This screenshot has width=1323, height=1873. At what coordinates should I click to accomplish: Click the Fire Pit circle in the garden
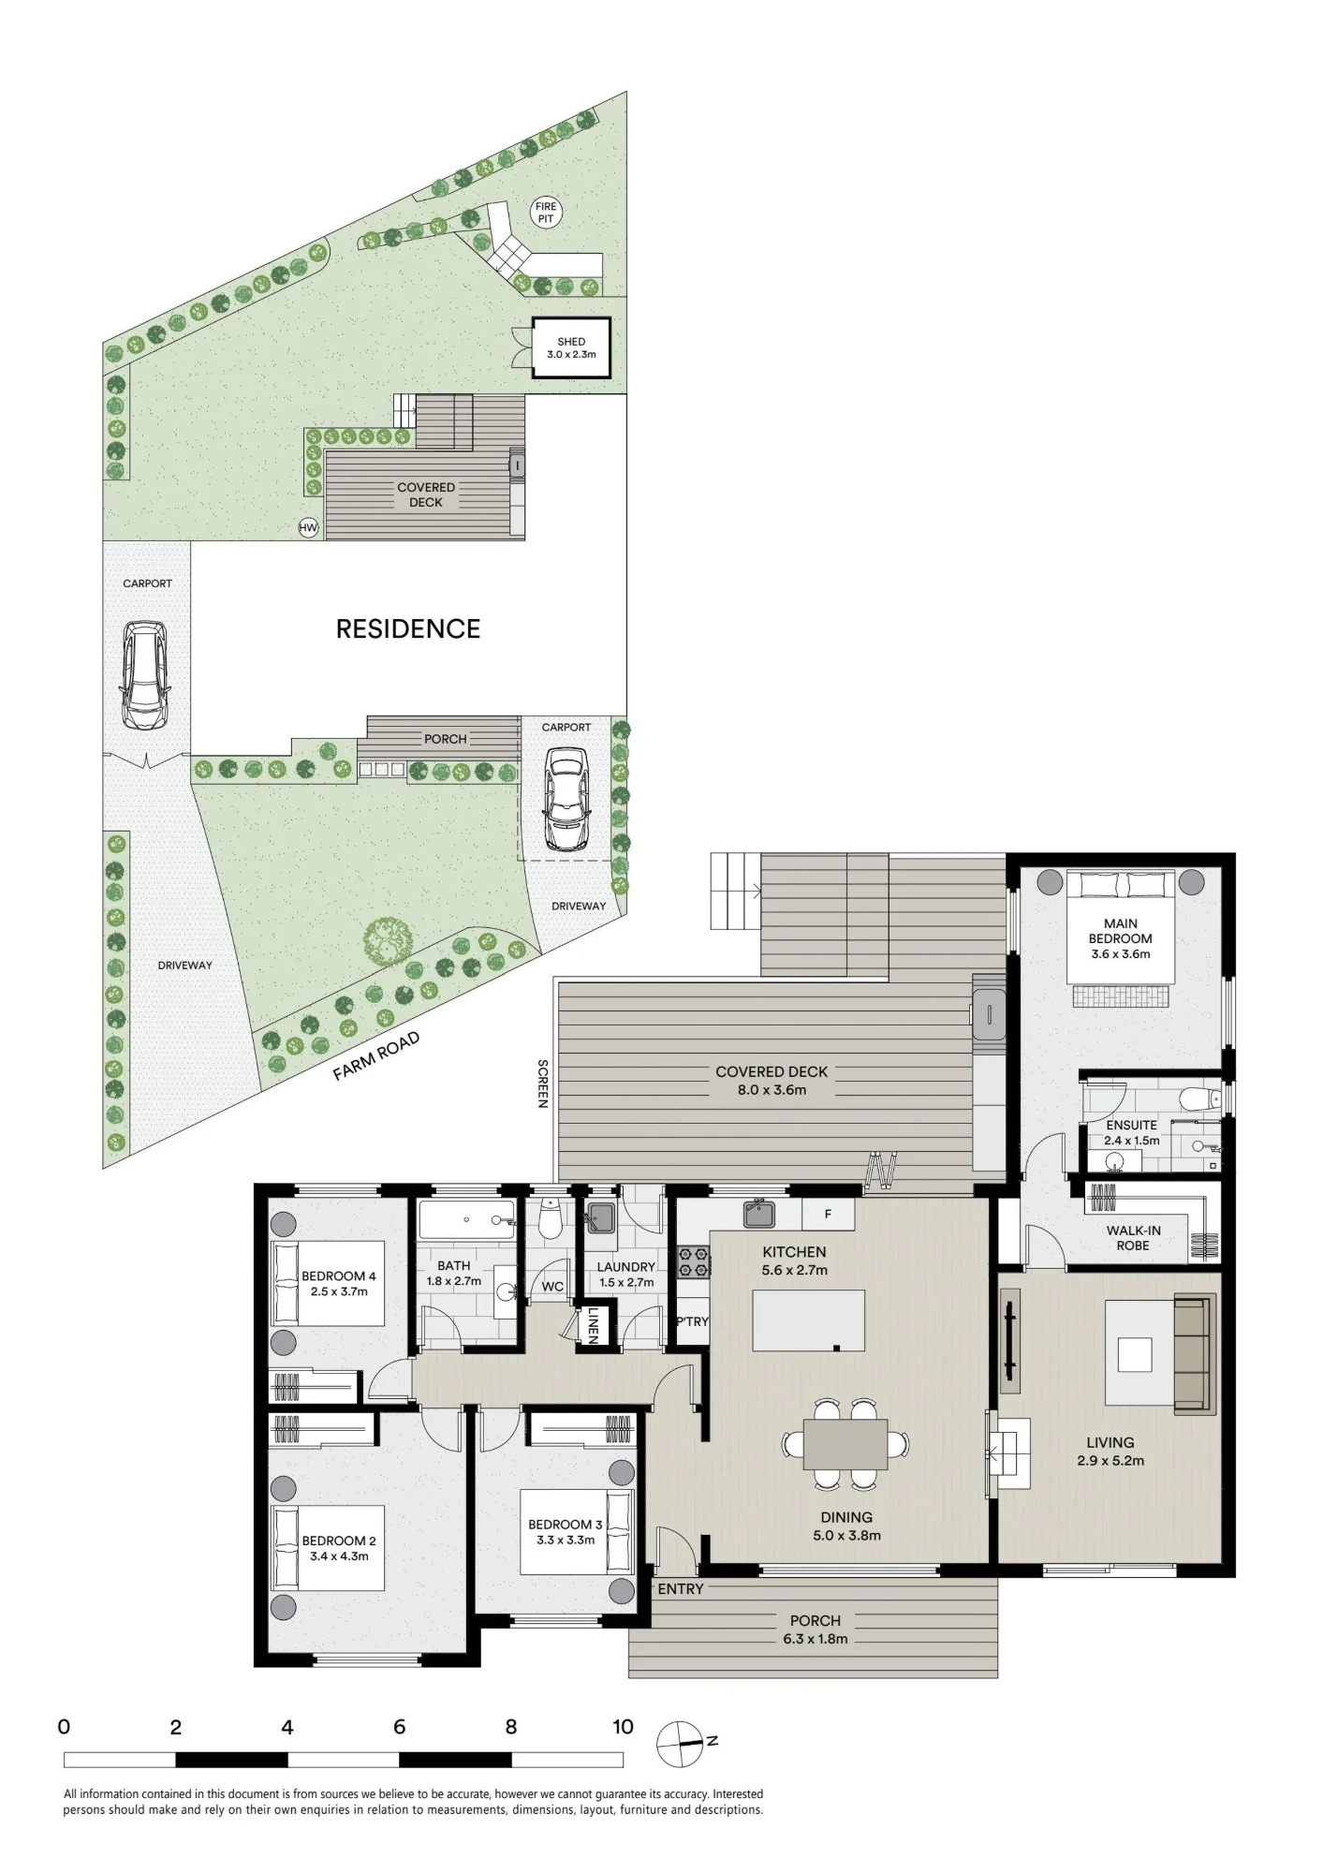click(546, 213)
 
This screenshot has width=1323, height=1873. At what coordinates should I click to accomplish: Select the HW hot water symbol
click(308, 528)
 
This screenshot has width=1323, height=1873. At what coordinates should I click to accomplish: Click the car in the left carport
click(145, 676)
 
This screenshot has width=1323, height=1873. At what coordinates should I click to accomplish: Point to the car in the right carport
click(566, 798)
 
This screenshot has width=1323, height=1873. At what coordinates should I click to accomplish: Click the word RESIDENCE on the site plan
click(408, 629)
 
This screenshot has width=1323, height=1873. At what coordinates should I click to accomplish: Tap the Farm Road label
click(376, 1056)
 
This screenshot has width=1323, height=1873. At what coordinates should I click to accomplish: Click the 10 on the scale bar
click(623, 1727)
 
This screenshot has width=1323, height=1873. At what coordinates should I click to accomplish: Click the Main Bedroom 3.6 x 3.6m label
click(1121, 938)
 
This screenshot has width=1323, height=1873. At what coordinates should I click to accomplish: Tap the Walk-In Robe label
click(1133, 1238)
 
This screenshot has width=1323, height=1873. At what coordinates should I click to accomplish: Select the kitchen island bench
click(809, 1320)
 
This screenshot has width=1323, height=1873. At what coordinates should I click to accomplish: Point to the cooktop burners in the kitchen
click(694, 1261)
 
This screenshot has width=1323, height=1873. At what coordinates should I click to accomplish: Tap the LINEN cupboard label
click(593, 1325)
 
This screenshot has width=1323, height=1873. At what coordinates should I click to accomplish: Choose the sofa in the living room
click(1193, 1354)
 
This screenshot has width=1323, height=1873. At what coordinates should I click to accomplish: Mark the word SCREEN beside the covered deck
click(542, 1084)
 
